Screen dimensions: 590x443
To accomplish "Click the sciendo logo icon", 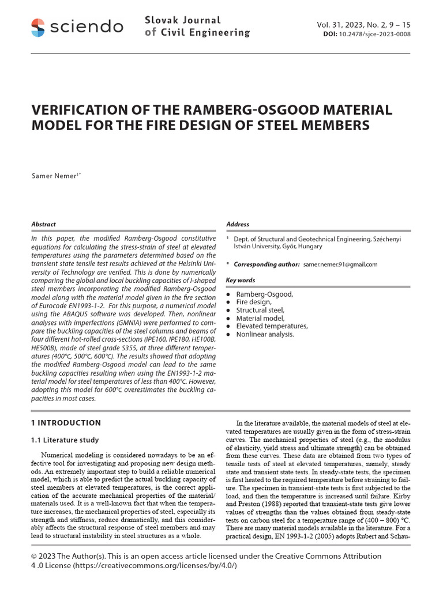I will coord(37,27).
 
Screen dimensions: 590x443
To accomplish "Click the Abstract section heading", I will coord(43,224).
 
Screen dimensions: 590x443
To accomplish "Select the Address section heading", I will coord(238,224).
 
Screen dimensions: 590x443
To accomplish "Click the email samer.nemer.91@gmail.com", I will coord(340,264).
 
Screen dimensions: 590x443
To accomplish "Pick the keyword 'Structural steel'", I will coord(260,310).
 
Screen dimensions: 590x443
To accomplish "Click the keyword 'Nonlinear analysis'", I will coord(265,334).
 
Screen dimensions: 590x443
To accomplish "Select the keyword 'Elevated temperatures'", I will coord(272,326).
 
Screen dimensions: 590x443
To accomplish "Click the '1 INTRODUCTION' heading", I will coord(66,423).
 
